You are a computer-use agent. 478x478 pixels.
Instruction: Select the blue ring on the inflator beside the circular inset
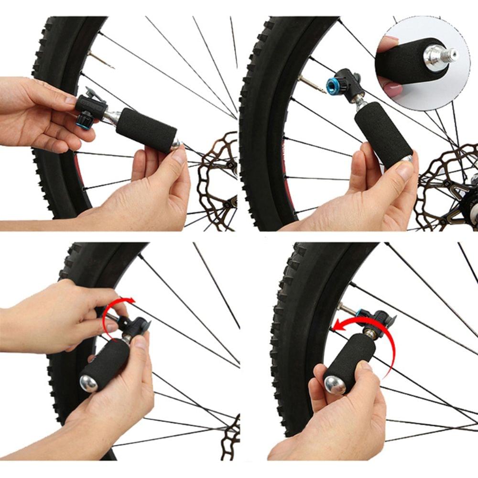point(333,86)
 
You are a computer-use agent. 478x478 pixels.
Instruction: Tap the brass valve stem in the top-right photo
point(311,84)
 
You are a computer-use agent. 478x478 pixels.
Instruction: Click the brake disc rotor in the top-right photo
point(447,186)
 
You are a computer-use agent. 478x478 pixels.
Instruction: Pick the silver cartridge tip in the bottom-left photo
point(89,382)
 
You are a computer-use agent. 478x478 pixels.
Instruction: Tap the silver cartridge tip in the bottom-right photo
point(334,385)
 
